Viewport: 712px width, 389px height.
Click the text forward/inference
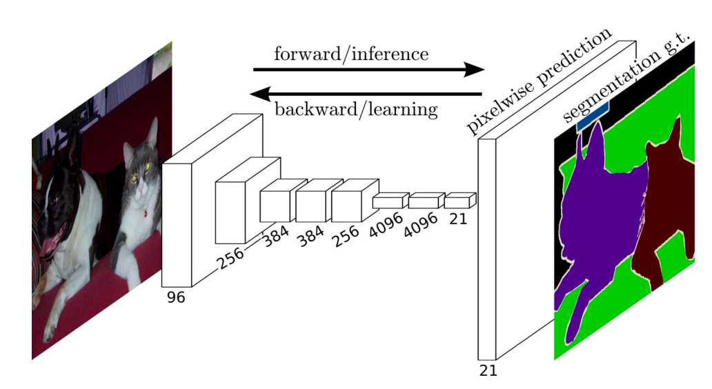tap(351, 54)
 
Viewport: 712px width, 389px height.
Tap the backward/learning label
tap(357, 110)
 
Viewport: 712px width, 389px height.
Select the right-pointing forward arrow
tap(368, 70)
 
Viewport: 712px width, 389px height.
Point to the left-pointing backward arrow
tap(366, 94)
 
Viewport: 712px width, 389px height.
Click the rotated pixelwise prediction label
tap(539, 81)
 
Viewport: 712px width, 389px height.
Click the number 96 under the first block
tap(176, 297)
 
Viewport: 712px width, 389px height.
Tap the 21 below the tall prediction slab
tap(488, 371)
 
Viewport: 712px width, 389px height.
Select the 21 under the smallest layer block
tap(457, 219)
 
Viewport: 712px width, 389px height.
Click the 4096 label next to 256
tap(386, 225)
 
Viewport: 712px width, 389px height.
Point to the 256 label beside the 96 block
tap(230, 258)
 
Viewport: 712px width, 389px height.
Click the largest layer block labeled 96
tap(212, 201)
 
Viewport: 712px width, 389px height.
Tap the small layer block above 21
tap(460, 201)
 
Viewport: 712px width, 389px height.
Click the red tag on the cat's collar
tap(145, 212)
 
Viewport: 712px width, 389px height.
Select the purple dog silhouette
tap(600, 218)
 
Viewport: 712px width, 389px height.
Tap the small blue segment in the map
tap(593, 116)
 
